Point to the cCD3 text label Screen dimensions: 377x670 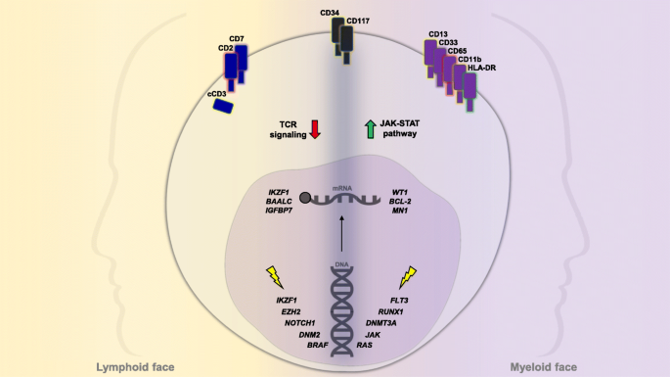pyautogui.click(x=217, y=92)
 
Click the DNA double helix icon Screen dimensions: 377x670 pyautogui.click(x=342, y=313)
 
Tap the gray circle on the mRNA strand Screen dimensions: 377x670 pyautogui.click(x=305, y=199)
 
